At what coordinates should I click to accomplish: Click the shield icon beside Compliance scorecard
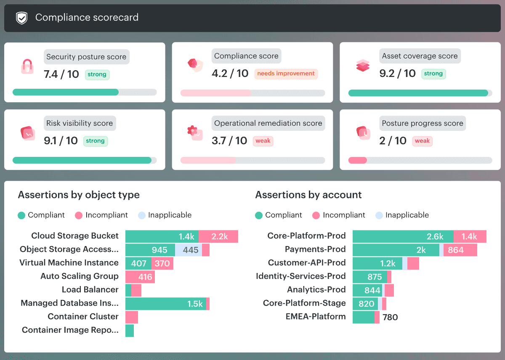click(21, 18)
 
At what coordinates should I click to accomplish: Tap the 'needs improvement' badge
click(286, 74)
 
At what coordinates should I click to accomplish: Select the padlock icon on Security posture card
click(27, 66)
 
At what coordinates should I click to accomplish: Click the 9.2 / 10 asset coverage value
click(397, 74)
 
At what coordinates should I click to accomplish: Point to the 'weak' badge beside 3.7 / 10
click(263, 141)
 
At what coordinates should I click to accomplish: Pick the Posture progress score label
click(423, 123)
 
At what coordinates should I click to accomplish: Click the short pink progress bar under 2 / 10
click(358, 160)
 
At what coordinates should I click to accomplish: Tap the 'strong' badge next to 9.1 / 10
click(96, 141)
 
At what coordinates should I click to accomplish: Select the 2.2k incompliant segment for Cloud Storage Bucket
click(218, 236)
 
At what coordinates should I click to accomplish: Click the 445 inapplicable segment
click(189, 250)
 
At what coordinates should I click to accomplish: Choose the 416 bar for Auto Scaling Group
click(140, 277)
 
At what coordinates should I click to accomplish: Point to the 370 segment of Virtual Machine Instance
click(162, 263)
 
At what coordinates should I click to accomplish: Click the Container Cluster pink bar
click(132, 317)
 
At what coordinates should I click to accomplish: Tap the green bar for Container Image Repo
click(130, 331)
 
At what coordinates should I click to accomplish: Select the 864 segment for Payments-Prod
click(460, 250)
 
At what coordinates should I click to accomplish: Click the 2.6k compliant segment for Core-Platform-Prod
click(403, 236)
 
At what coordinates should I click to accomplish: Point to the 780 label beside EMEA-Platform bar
click(390, 317)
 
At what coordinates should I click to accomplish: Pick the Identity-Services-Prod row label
click(301, 276)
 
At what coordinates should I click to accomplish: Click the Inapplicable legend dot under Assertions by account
click(379, 215)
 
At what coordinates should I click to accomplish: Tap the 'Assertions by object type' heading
click(79, 195)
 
